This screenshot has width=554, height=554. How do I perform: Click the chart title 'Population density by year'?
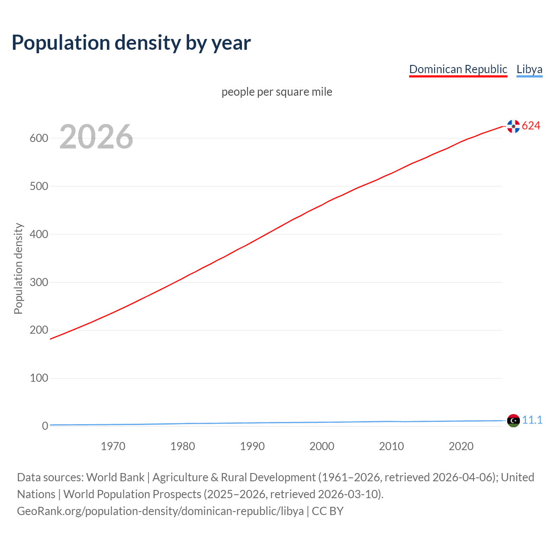[x=131, y=43]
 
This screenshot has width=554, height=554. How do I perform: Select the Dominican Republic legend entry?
[x=458, y=69]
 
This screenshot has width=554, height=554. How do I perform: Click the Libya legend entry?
[x=529, y=69]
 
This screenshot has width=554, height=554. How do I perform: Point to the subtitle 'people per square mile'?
[x=277, y=92]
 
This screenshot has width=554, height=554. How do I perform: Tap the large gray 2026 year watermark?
[x=96, y=137]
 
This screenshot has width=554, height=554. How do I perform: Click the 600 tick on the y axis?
[x=39, y=138]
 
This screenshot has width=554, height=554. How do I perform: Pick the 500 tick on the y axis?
[x=39, y=187]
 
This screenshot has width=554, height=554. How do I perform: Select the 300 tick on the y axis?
[x=39, y=282]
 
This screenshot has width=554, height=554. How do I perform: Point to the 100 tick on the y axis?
[x=39, y=378]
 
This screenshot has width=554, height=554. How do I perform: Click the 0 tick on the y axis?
[x=45, y=426]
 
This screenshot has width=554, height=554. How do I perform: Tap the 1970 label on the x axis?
[x=113, y=446]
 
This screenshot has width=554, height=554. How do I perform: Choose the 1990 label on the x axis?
[x=252, y=446]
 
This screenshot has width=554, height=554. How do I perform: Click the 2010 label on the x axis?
[x=391, y=446]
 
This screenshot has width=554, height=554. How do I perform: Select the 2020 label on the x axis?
[x=461, y=446]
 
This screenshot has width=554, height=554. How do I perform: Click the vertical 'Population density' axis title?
[x=18, y=268]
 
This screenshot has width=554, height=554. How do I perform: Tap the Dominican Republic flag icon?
[x=513, y=126]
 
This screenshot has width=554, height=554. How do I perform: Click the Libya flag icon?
[x=513, y=421]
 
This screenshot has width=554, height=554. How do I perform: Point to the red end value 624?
[x=531, y=126]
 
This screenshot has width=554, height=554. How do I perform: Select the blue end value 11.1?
[x=532, y=420]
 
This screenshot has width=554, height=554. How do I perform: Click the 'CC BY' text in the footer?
[x=328, y=511]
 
